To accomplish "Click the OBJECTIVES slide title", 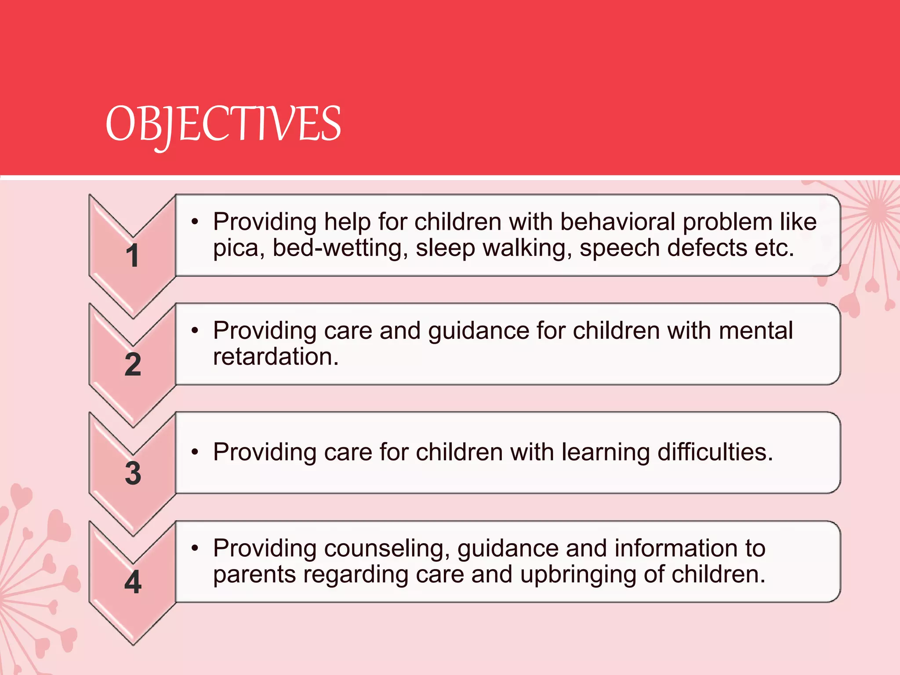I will (223, 124).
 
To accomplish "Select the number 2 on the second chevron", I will (133, 364).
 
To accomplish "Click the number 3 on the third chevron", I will (133, 473).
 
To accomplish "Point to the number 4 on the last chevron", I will (133, 582).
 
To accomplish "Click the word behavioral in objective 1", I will (617, 221).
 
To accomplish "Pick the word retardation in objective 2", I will (276, 356).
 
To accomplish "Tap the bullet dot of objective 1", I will (195, 221).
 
